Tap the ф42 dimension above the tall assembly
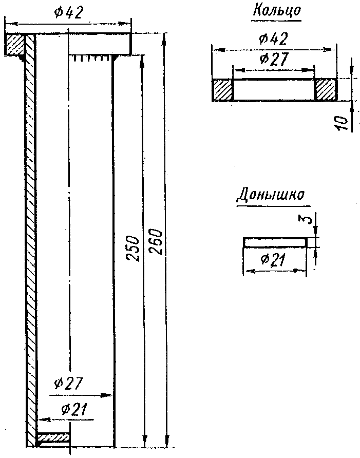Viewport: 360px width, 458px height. coord(68,13)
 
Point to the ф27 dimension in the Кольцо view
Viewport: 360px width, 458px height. coord(273,59)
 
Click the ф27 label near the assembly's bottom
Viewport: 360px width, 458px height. coord(68,384)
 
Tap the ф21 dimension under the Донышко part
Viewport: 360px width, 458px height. coord(273,260)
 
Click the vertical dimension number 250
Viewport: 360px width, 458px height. coord(132,249)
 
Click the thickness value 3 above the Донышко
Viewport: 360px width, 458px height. coord(305,221)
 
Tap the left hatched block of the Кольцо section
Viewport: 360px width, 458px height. coord(223,89)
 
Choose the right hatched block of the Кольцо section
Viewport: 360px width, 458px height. coord(326,89)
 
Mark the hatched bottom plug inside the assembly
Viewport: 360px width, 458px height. coord(53,438)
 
